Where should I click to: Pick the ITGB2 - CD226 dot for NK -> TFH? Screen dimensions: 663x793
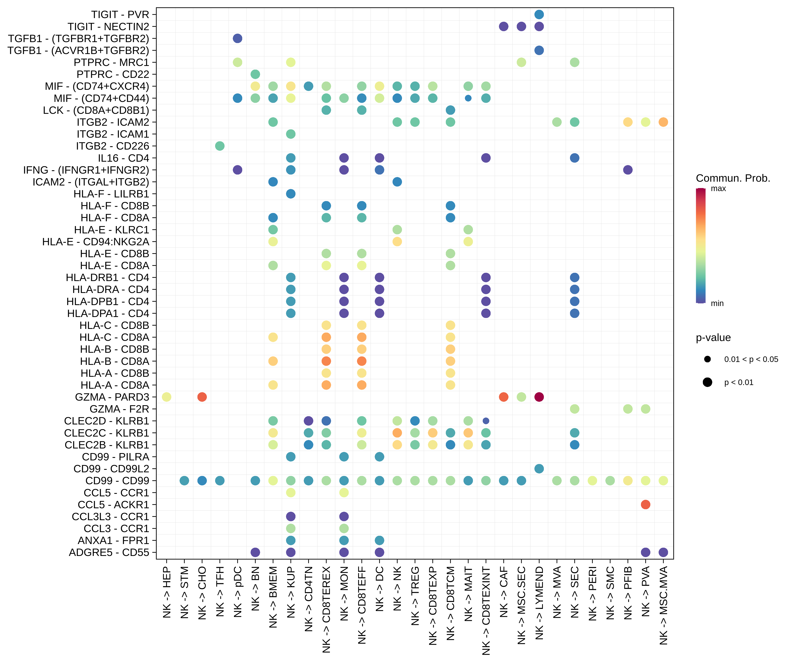220,146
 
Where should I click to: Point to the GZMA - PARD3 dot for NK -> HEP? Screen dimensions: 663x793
166,397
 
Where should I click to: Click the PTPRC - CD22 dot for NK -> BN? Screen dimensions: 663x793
255,74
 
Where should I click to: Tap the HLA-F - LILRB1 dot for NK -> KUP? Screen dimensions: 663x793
291,194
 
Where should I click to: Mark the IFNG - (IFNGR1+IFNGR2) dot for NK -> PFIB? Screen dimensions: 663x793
628,170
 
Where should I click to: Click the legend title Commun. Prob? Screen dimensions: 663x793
733,178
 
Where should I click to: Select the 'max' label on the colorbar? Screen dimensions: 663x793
718,188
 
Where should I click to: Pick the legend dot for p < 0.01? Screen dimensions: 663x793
707,382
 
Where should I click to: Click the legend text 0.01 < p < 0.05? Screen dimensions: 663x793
751,359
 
